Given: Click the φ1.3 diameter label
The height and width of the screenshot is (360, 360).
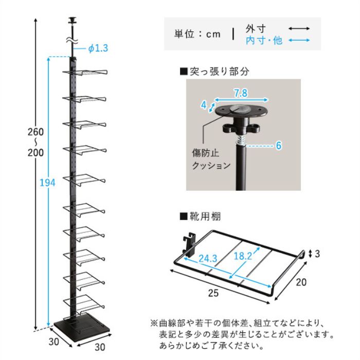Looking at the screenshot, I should point(97,48).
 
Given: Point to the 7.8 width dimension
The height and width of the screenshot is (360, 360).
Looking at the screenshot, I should point(241,93).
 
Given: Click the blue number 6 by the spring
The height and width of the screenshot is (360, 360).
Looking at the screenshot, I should point(278,146).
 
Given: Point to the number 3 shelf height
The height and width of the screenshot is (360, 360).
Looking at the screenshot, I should point(318,253).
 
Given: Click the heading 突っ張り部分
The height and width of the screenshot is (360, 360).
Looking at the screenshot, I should point(214,71).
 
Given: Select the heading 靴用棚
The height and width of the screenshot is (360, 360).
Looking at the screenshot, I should point(200,217).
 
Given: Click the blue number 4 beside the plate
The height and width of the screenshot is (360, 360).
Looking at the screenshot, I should point(204,105).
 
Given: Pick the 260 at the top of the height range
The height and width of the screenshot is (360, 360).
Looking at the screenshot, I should point(35,132).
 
